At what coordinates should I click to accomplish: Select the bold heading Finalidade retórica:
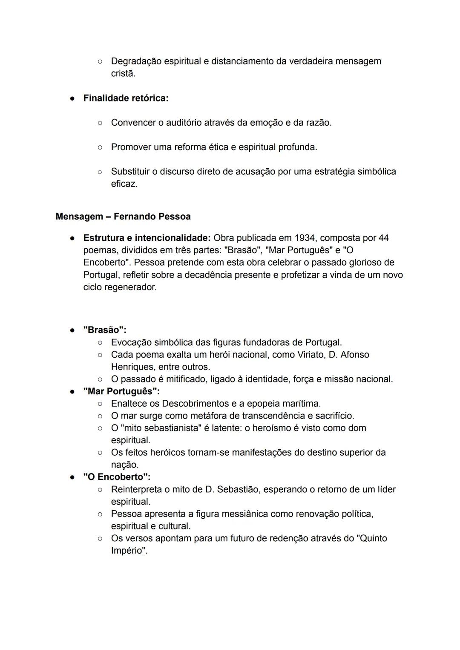point(126,98)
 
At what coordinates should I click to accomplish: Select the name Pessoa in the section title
point(174,217)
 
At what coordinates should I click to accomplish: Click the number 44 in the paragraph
point(383,238)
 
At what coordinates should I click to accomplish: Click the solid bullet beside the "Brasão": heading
point(73,330)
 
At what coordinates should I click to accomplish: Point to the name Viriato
point(310,355)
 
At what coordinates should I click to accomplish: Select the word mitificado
point(186,379)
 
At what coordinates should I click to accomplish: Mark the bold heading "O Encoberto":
point(117,477)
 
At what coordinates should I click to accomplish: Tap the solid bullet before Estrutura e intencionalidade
point(73,238)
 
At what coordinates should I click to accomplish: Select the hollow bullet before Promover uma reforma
point(100,147)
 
